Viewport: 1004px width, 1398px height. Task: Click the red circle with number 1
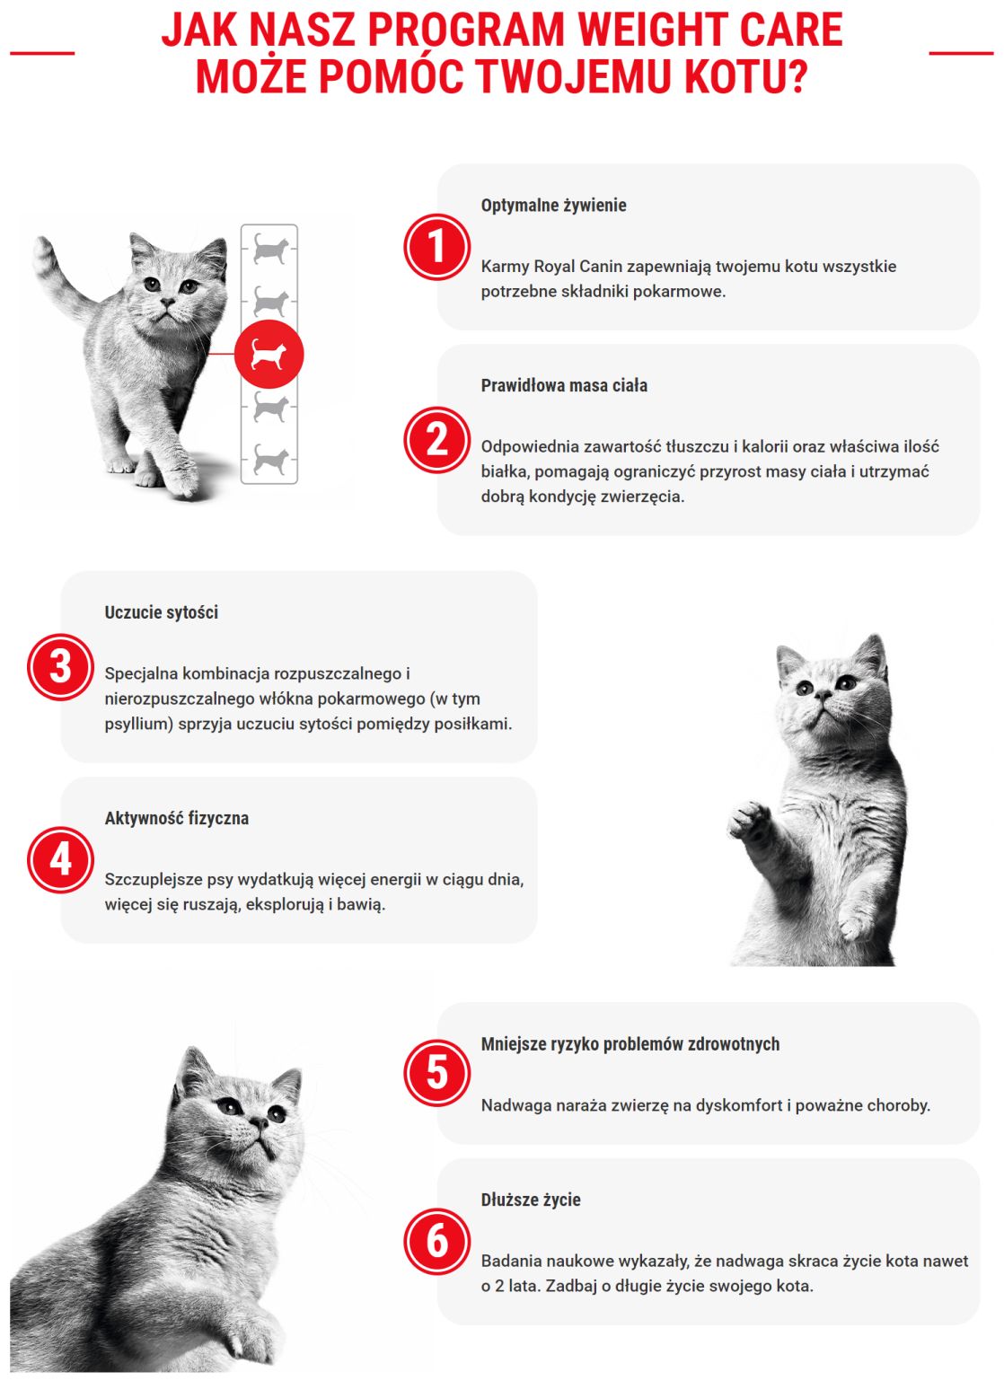coord(436,247)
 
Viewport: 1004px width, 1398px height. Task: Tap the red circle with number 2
coord(436,440)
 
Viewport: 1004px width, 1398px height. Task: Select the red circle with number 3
coord(60,667)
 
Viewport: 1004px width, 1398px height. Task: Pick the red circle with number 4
coord(60,859)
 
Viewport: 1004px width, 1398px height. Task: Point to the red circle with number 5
coord(436,1073)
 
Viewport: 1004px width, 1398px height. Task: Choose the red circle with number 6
coord(436,1242)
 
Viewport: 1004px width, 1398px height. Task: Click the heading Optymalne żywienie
coord(553,206)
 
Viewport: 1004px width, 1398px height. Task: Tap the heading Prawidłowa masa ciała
coord(564,386)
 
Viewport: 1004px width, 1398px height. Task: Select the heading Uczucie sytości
coord(161,613)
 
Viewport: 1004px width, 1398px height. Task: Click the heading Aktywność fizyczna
coord(176,819)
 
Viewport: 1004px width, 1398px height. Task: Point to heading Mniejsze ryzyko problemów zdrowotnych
coord(630,1044)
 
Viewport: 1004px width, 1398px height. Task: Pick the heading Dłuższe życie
coord(530,1200)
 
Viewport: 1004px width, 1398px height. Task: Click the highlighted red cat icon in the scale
coord(269,354)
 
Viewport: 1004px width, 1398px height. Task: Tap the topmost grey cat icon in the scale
coord(269,248)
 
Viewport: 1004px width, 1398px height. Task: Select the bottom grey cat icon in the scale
coord(269,461)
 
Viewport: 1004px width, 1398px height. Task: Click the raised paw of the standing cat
coord(750,818)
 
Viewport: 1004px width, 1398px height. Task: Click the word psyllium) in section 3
coord(138,725)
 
